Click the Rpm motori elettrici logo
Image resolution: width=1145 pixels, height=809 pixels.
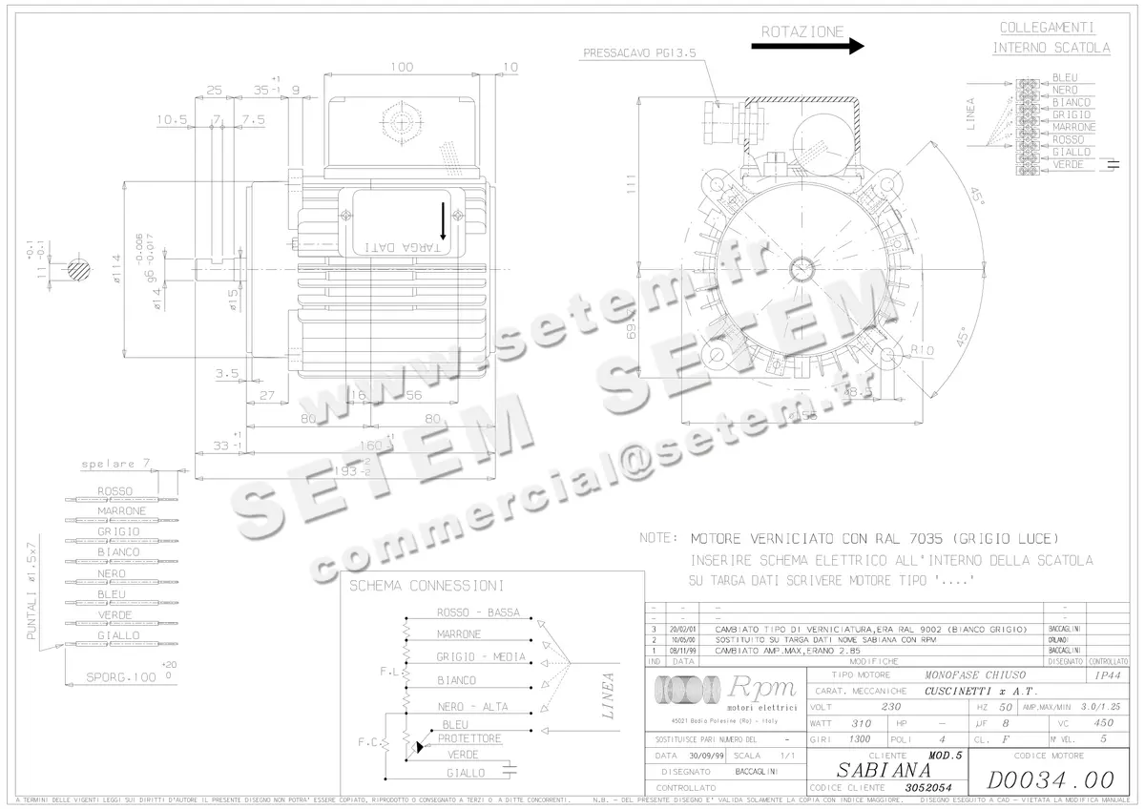[725, 693]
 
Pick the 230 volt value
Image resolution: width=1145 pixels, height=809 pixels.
[891, 707]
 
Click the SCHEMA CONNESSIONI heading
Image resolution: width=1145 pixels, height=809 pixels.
[427, 586]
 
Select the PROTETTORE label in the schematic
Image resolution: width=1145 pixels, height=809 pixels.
[469, 738]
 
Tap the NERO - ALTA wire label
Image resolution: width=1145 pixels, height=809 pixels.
[472, 707]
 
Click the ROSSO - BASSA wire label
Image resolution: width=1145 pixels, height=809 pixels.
[478, 612]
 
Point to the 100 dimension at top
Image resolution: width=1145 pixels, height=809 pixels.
[402, 67]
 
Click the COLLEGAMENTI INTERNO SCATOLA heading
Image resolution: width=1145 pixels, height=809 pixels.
[1051, 38]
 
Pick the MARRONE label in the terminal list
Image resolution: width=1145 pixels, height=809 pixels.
[1073, 128]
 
